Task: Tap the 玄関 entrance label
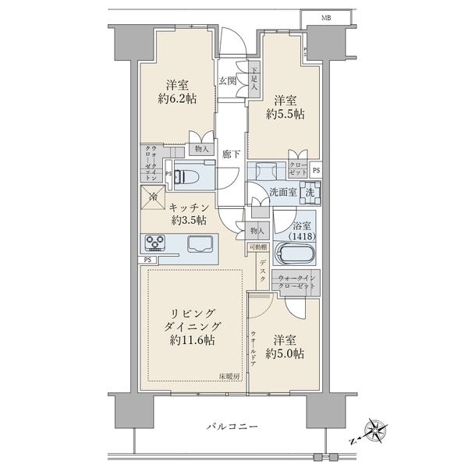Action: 228,80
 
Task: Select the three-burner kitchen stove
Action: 154,243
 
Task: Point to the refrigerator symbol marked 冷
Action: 153,199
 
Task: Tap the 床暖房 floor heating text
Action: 228,377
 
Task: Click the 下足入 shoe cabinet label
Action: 253,80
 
